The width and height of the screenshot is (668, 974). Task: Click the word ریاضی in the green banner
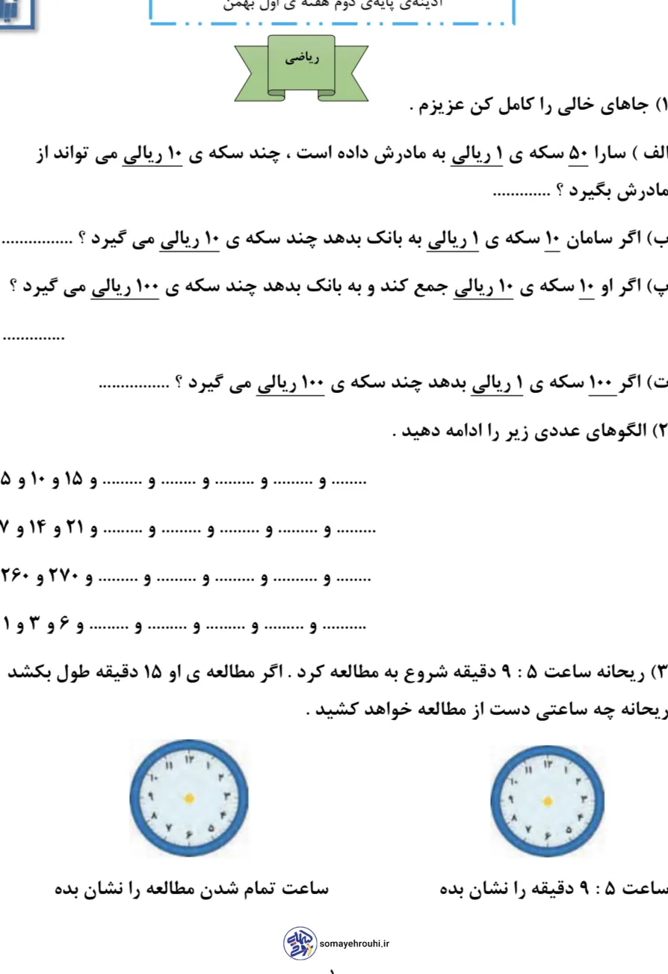[302, 59]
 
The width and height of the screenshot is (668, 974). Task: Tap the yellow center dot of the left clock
[189, 798]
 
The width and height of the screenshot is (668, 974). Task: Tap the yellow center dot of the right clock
[548, 801]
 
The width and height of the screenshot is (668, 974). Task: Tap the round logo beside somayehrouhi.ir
[299, 943]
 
